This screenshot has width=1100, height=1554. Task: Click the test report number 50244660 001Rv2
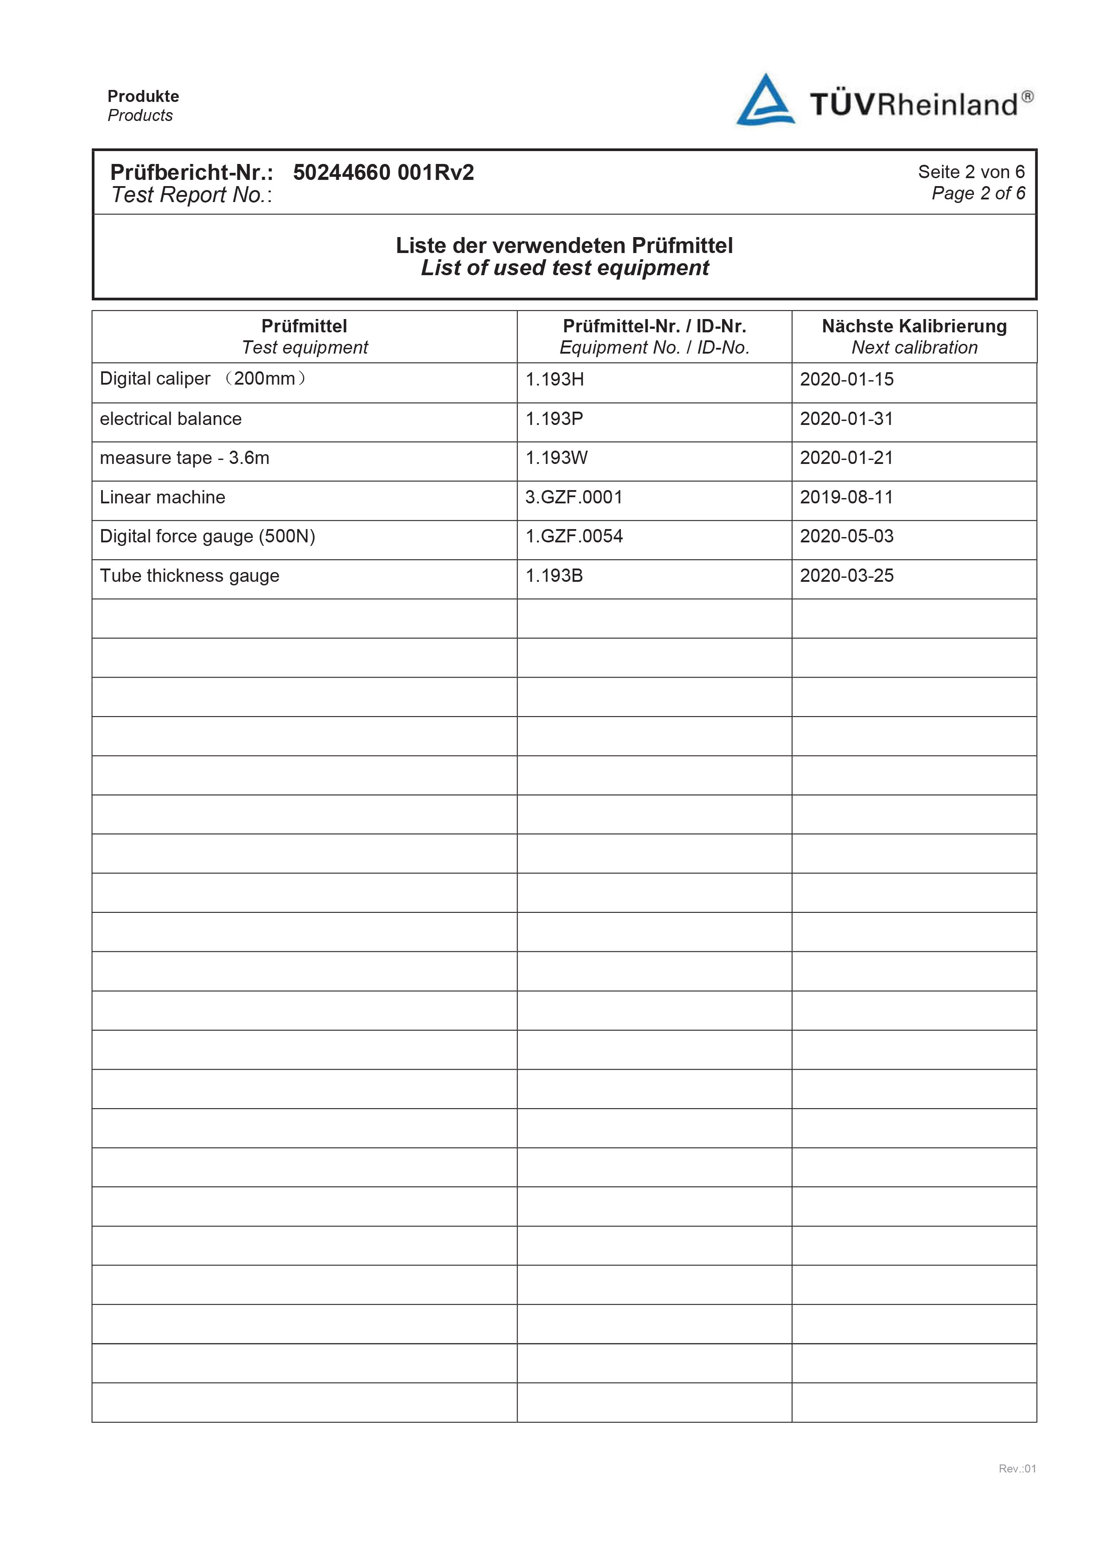coord(383,172)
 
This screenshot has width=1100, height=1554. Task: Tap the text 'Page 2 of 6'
coord(978,194)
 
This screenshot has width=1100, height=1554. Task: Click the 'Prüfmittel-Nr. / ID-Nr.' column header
coord(654,326)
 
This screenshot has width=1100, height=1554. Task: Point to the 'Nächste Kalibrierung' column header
coord(914,326)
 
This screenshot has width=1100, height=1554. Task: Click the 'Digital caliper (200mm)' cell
coord(203,378)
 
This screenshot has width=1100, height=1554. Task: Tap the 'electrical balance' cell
coord(171,419)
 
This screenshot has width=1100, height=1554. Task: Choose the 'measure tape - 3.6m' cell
coord(184,458)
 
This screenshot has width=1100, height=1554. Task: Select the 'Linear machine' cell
coord(163,498)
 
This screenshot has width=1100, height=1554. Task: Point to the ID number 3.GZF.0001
coord(573,498)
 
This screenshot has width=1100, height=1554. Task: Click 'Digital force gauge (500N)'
coord(207,537)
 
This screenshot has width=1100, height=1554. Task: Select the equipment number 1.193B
coord(554,576)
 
